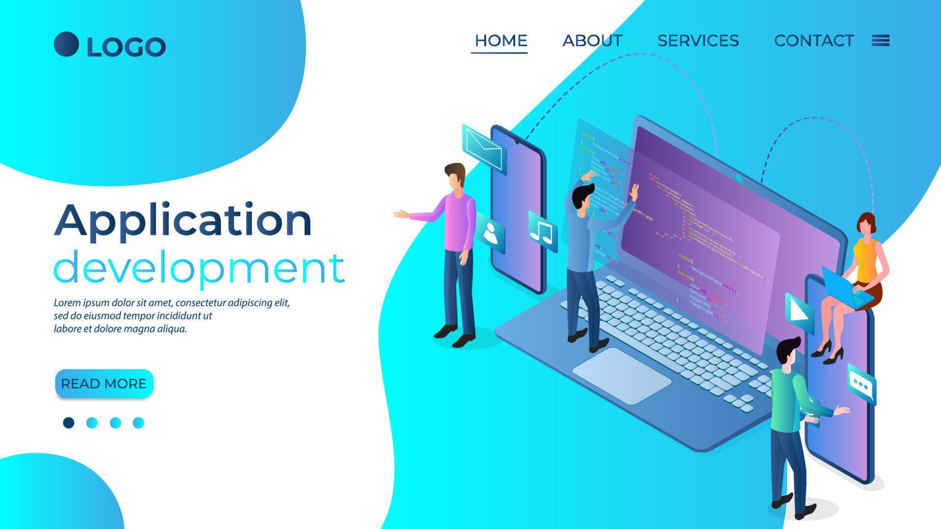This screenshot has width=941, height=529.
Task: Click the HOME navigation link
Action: pos(500,40)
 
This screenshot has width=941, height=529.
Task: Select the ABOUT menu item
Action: pos(592,40)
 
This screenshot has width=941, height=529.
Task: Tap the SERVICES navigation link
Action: pos(698,40)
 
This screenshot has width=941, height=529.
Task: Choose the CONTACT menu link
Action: pos(814,40)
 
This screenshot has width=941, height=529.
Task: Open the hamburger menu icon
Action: pos(881,40)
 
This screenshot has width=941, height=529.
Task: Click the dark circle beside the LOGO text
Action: pos(66,45)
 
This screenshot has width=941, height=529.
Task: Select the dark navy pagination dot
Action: pos(69,423)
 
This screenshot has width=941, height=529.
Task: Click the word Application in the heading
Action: pos(182,220)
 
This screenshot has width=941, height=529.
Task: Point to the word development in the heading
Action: pos(198,267)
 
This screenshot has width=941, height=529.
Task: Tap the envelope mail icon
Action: pos(484,147)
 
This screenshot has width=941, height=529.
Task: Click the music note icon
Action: pos(542,232)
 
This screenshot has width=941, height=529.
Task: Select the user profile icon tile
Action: pos(492,234)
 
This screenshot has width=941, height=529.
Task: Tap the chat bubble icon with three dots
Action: pos(861,385)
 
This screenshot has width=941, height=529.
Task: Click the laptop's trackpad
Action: pos(621,375)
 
